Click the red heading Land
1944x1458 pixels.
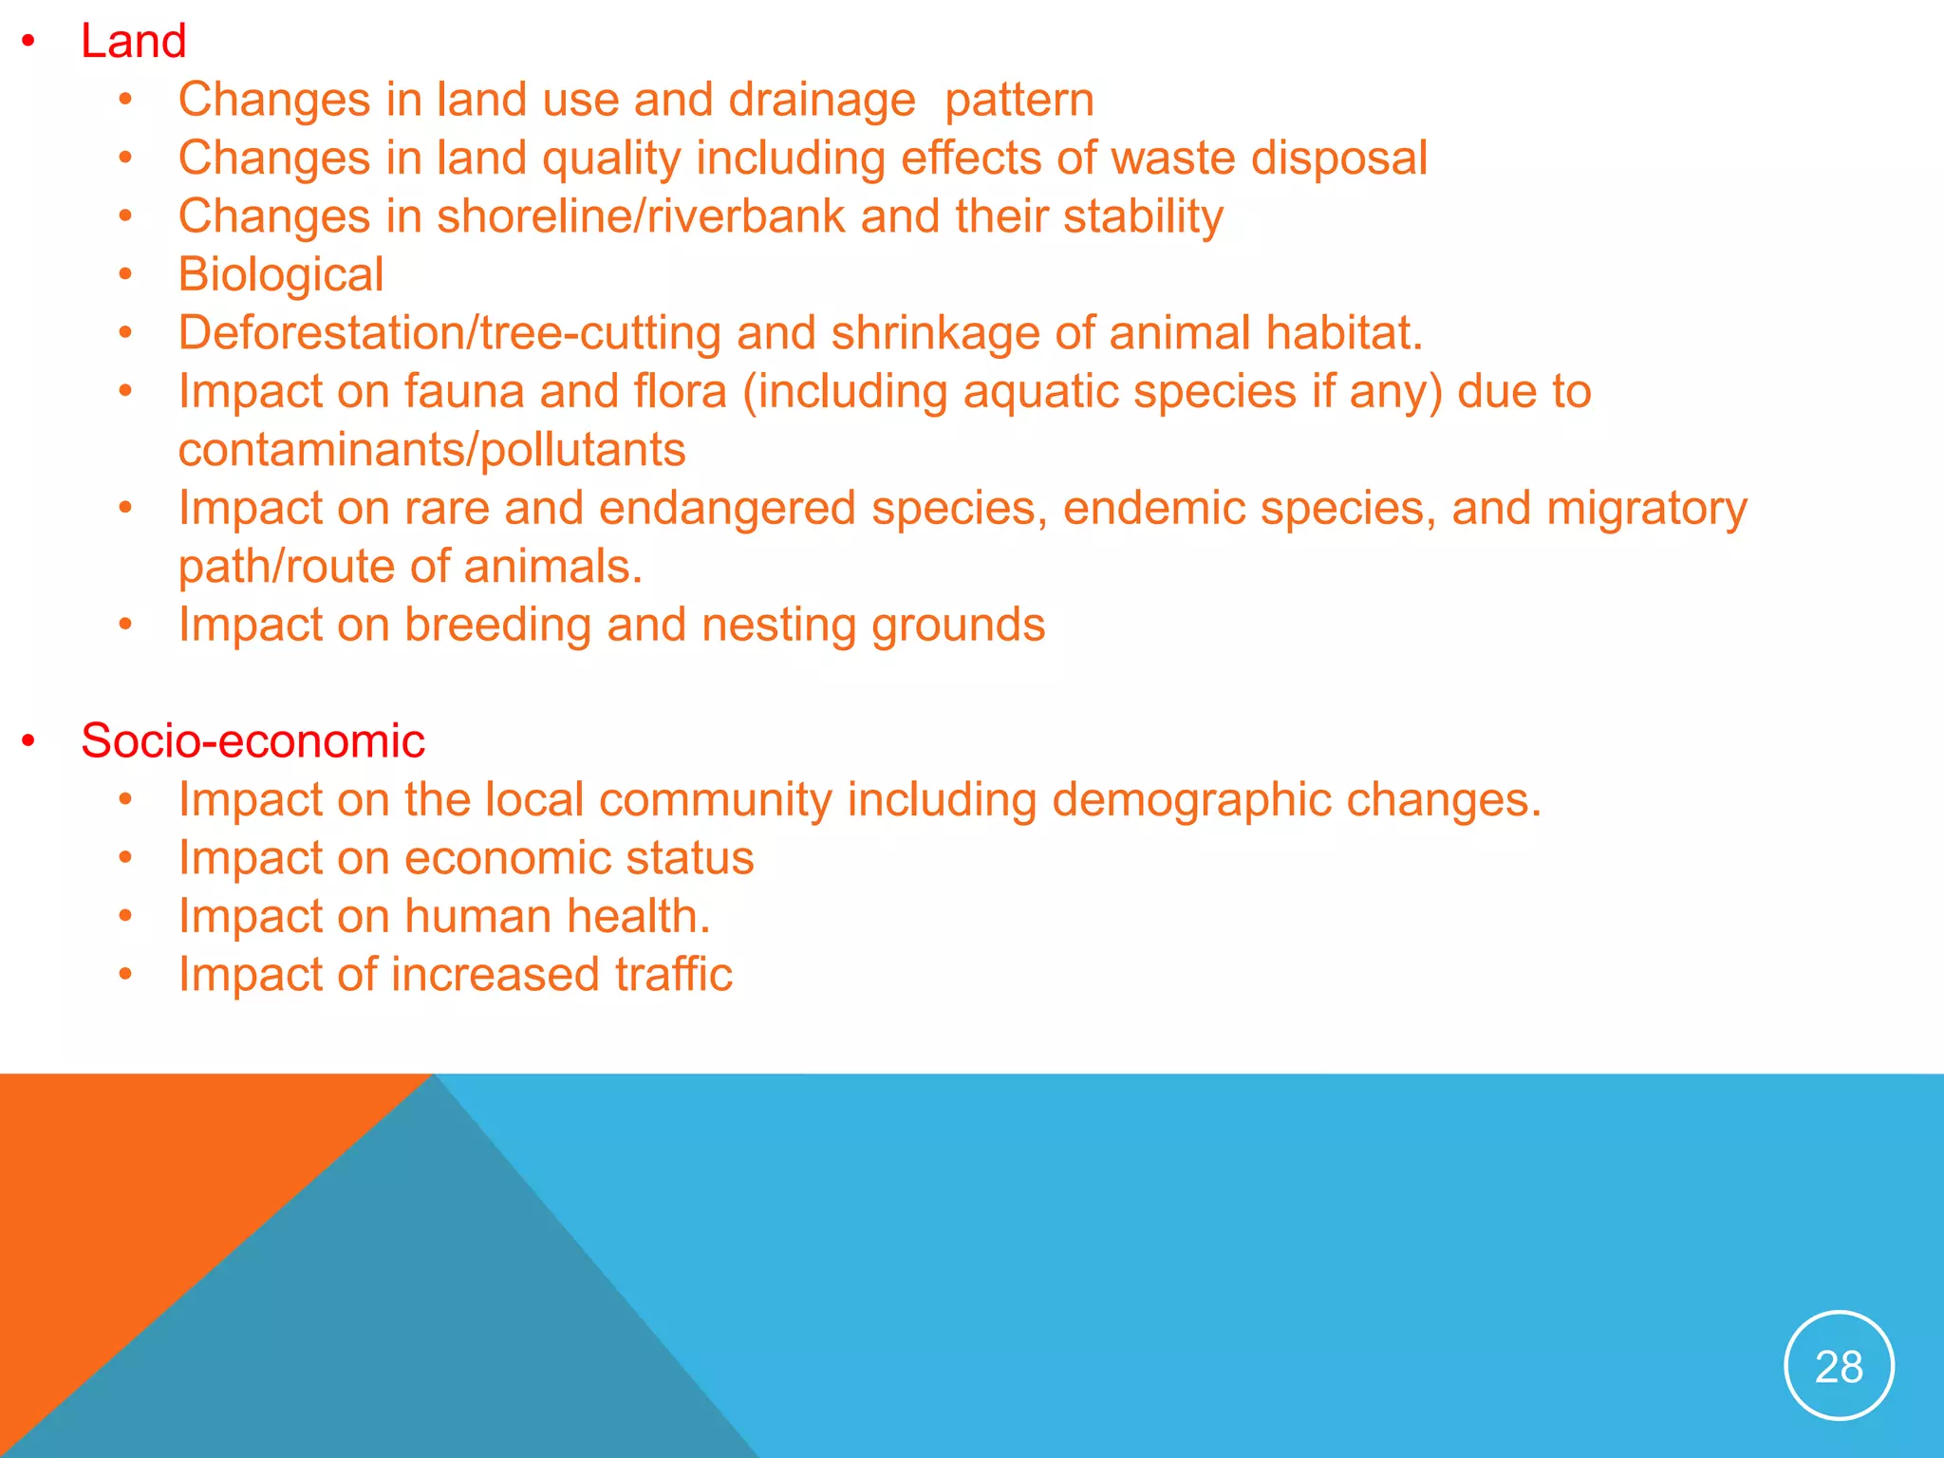(x=133, y=42)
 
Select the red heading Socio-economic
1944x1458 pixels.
(x=252, y=741)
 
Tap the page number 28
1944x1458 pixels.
(x=1839, y=1367)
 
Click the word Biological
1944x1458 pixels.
(x=281, y=275)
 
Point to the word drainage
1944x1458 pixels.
(x=821, y=101)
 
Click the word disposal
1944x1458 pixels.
(x=1338, y=159)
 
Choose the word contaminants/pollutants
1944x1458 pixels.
(x=432, y=450)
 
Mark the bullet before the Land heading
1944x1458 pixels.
(x=29, y=42)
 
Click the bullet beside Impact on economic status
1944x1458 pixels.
(x=125, y=858)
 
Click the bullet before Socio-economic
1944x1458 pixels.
(x=29, y=741)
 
